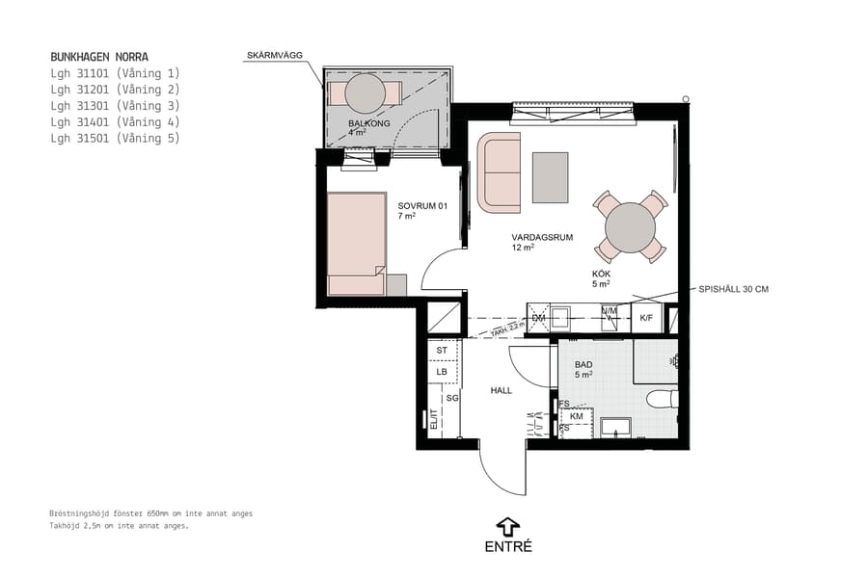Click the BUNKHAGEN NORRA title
(99, 57)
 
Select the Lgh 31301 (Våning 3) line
(115, 106)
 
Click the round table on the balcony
(365, 93)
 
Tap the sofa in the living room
(499, 173)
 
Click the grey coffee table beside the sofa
(551, 177)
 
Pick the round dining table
(631, 227)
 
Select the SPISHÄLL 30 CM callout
(734, 289)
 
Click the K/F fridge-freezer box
(646, 318)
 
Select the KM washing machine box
(577, 416)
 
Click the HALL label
(501, 390)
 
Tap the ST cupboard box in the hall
(442, 351)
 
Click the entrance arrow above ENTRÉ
(507, 526)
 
